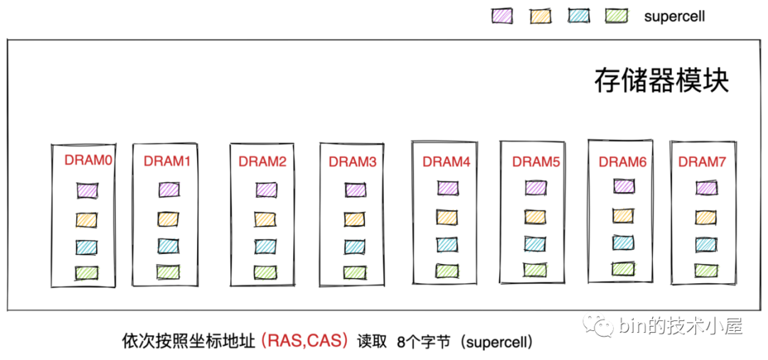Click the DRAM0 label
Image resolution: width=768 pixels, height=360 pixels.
point(88,161)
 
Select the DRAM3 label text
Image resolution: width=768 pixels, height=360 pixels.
point(352,162)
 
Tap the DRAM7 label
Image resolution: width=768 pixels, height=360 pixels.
point(701,162)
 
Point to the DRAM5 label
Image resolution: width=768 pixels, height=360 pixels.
point(535,162)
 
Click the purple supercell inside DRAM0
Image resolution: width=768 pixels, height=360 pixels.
point(87,190)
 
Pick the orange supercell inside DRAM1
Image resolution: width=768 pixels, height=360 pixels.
point(169,218)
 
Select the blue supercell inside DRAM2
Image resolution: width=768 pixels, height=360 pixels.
point(266,246)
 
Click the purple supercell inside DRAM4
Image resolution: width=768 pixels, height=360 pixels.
point(447,187)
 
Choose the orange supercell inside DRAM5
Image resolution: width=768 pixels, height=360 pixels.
point(535,216)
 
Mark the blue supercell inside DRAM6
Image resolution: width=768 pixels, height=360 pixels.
point(623,242)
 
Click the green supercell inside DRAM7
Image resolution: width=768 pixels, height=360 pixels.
point(705,270)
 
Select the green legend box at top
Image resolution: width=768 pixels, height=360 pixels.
point(615,15)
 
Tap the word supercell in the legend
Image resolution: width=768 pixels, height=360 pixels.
point(674,16)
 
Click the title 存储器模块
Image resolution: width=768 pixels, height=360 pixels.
point(661,80)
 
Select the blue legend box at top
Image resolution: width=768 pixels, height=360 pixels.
point(578,15)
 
